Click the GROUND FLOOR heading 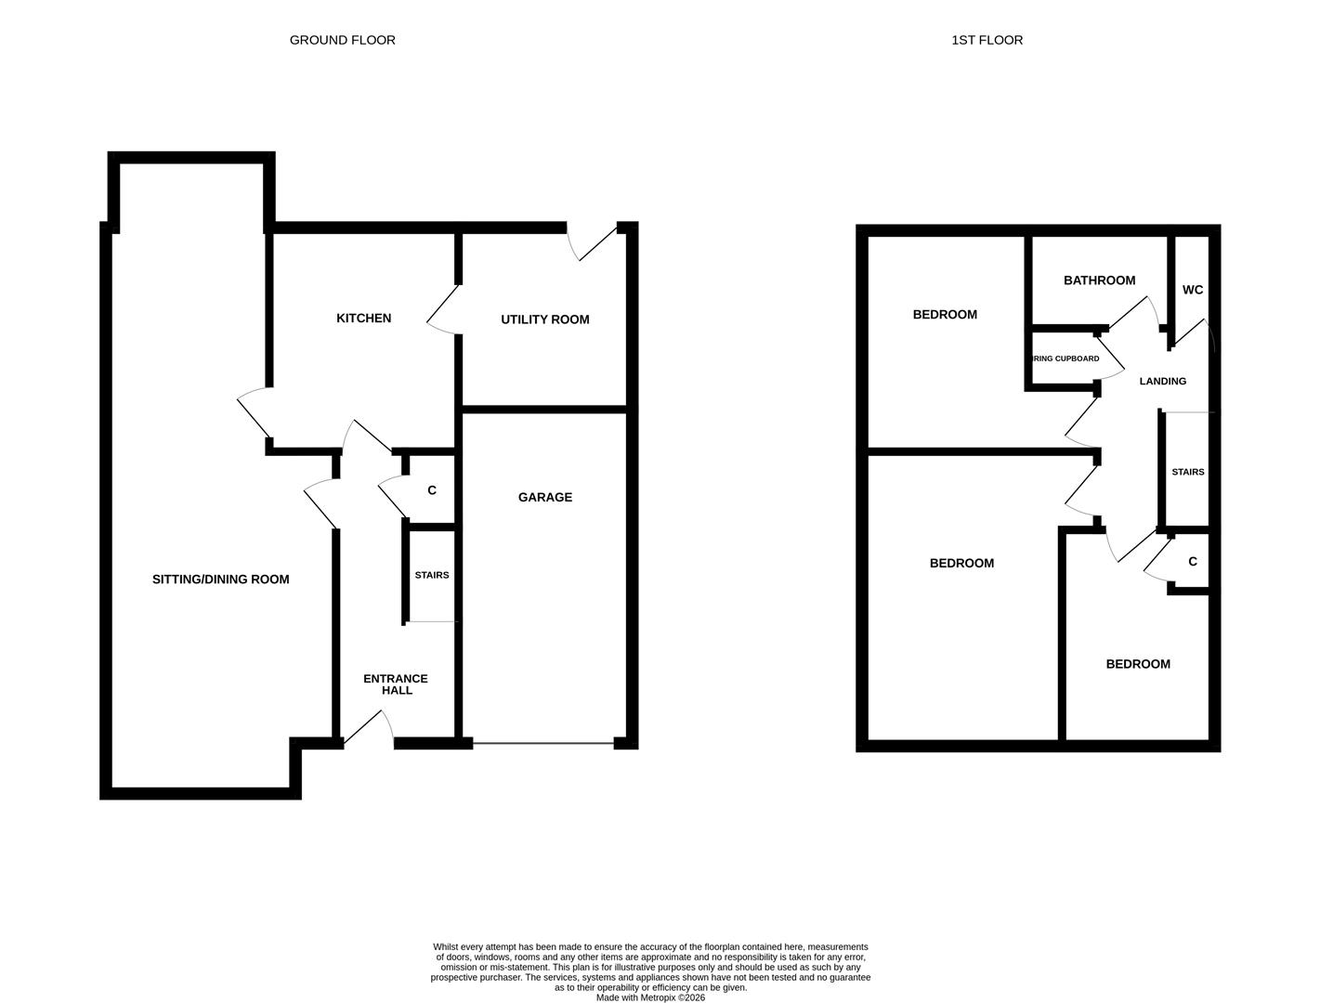(342, 40)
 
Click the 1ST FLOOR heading (987, 40)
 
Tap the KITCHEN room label (363, 319)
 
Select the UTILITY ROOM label (544, 319)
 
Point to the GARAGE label (544, 498)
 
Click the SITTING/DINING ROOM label (220, 580)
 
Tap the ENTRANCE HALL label (396, 684)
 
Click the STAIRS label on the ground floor (431, 575)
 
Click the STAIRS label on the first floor (1187, 472)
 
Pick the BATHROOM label (1099, 280)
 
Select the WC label (1193, 290)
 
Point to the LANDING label (1162, 381)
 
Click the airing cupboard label (1065, 358)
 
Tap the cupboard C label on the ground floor (431, 490)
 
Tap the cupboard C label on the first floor (1193, 562)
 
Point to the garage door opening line (543, 742)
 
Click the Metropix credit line (650, 997)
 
